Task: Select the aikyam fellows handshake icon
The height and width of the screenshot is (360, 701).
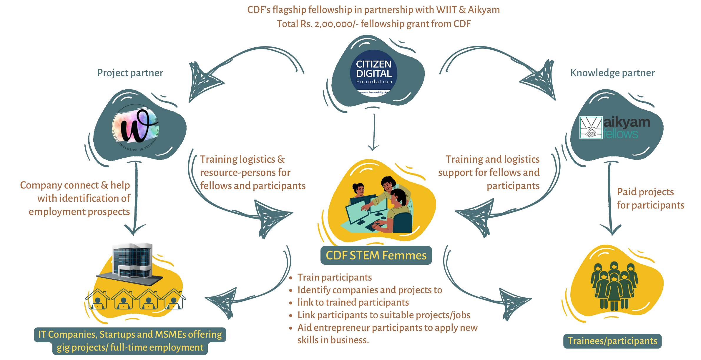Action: point(591,128)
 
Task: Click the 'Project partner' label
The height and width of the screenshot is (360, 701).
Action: point(130,73)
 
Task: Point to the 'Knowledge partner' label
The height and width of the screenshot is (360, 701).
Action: point(612,73)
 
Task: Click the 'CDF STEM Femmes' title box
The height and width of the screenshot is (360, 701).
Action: point(376,255)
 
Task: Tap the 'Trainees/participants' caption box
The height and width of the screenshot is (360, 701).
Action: point(612,341)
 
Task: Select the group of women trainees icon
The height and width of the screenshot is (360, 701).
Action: point(614,285)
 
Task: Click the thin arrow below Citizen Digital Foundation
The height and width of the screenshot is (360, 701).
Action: point(374,132)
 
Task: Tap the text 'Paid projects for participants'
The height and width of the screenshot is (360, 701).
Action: point(650,198)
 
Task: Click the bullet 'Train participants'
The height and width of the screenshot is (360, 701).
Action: point(334,277)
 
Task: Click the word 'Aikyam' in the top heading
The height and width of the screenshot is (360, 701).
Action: point(484,10)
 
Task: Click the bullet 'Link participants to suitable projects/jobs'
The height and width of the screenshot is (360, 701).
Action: point(383,315)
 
